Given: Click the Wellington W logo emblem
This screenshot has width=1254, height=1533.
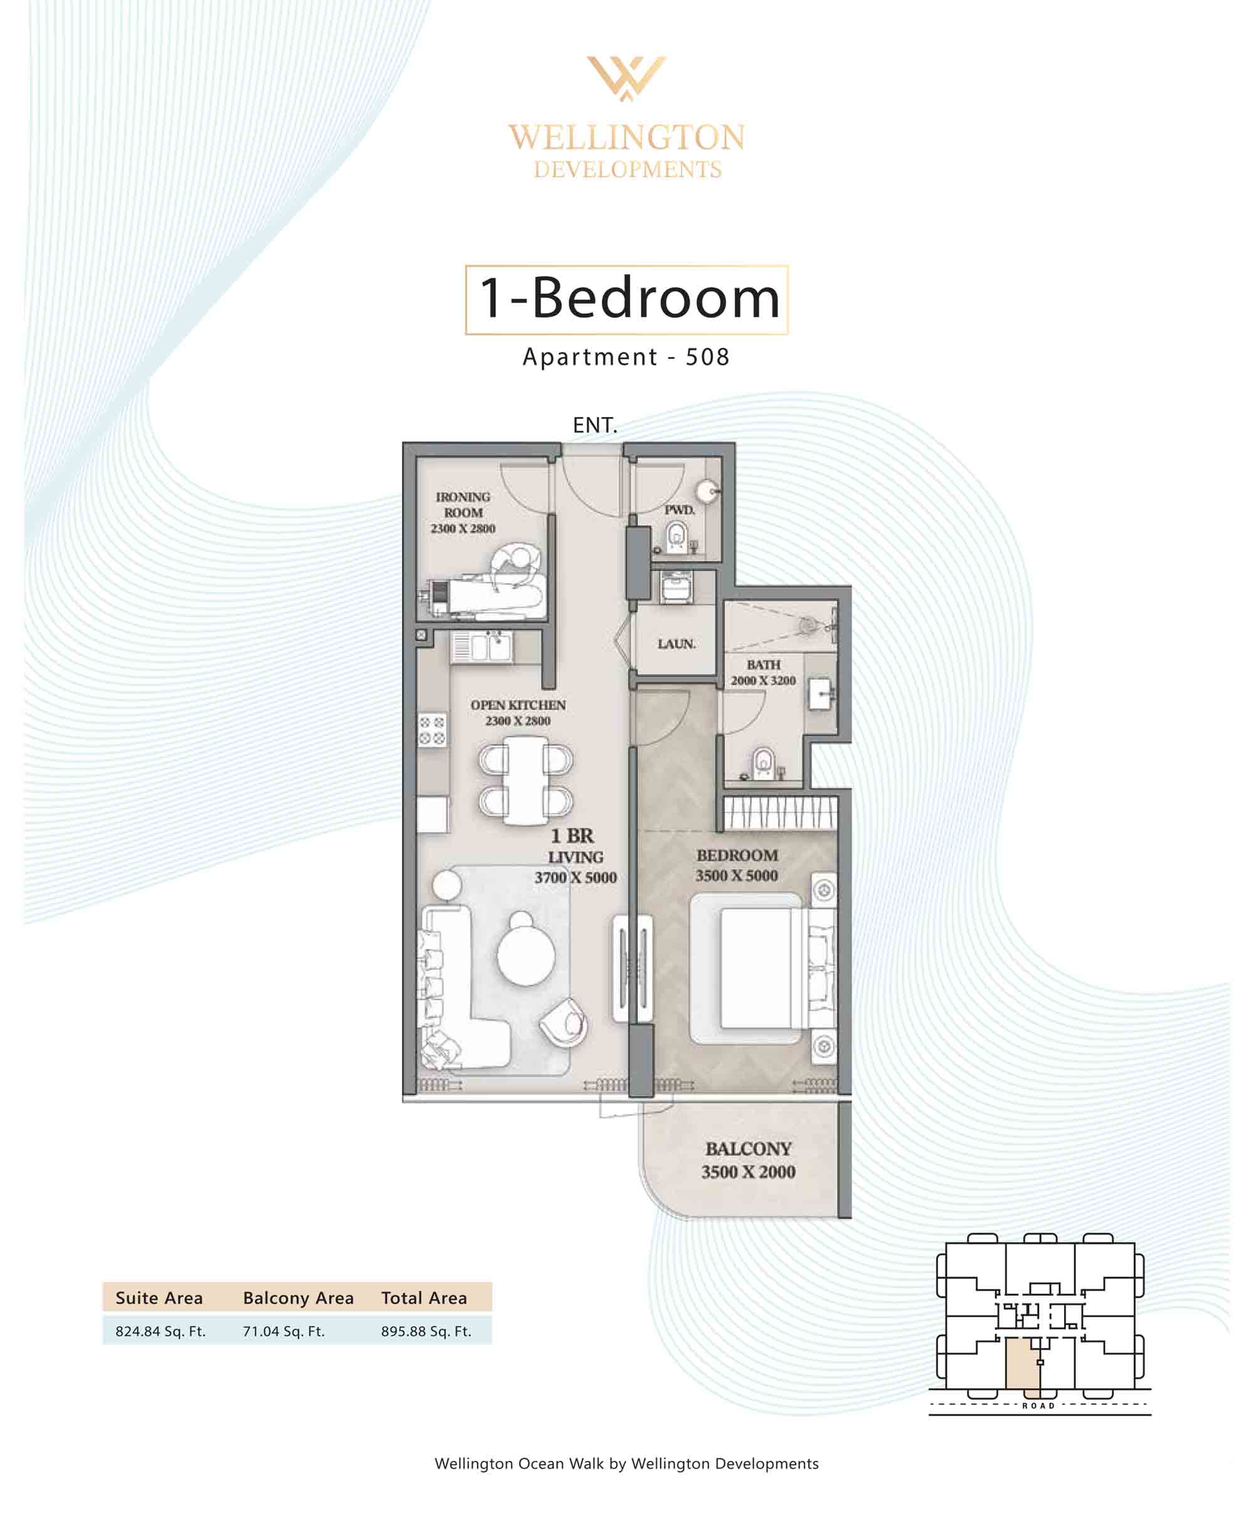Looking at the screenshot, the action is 626,77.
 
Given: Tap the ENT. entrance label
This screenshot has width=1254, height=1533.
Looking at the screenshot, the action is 594,425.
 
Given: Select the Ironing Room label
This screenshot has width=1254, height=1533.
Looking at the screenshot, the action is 463,512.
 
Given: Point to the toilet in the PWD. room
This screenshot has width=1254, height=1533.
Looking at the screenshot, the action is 676,536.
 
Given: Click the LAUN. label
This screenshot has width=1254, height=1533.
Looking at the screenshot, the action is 676,644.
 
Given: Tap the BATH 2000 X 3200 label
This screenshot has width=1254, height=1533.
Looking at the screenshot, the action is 763,672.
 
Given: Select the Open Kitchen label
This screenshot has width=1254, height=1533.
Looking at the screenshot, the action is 518,713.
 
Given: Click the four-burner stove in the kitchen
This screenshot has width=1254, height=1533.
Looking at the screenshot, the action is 432,730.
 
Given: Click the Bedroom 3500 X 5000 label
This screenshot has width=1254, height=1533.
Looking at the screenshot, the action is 737,865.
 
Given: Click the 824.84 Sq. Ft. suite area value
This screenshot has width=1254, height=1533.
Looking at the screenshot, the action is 161,1332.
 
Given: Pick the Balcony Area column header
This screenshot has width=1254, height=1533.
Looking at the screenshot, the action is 298,1298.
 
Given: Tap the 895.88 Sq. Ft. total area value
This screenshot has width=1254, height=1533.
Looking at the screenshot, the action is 426,1332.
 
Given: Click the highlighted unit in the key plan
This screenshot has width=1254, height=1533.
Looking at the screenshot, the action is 1023,1362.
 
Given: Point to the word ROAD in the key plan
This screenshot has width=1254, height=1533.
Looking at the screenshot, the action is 1039,1406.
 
